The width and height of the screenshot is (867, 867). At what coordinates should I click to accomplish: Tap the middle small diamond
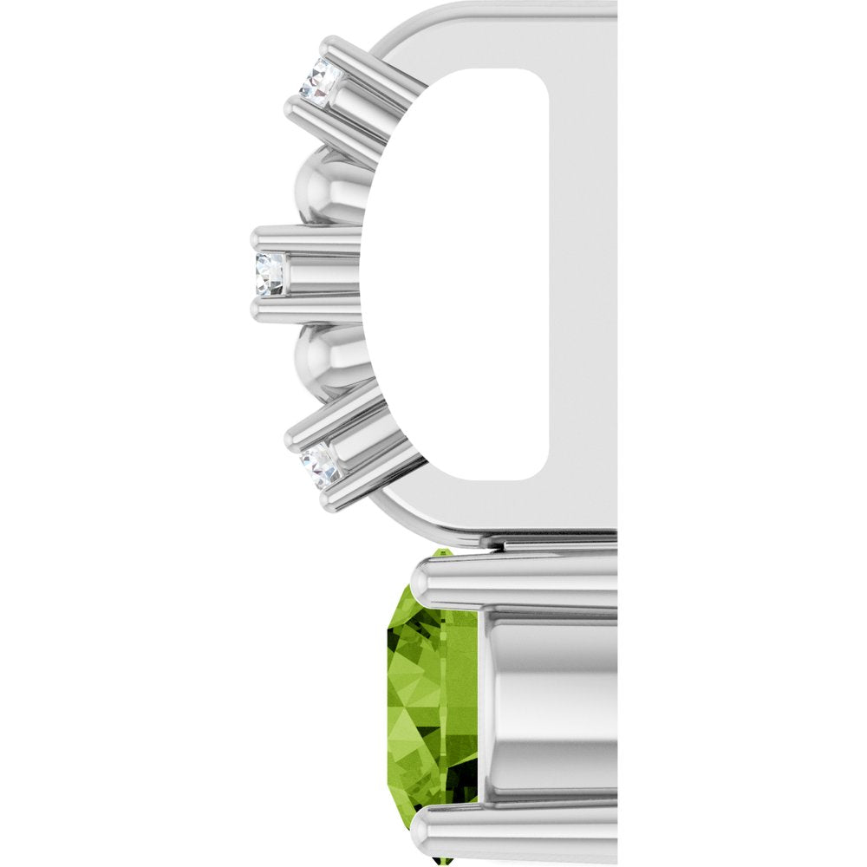click(270, 274)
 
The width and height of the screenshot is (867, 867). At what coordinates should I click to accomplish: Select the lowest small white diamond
click(321, 466)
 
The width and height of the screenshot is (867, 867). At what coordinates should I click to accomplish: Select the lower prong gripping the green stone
click(512, 832)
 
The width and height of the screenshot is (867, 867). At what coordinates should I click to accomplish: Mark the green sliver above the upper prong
click(442, 551)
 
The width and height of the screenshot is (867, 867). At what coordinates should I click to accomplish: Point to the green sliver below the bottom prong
click(444, 861)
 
